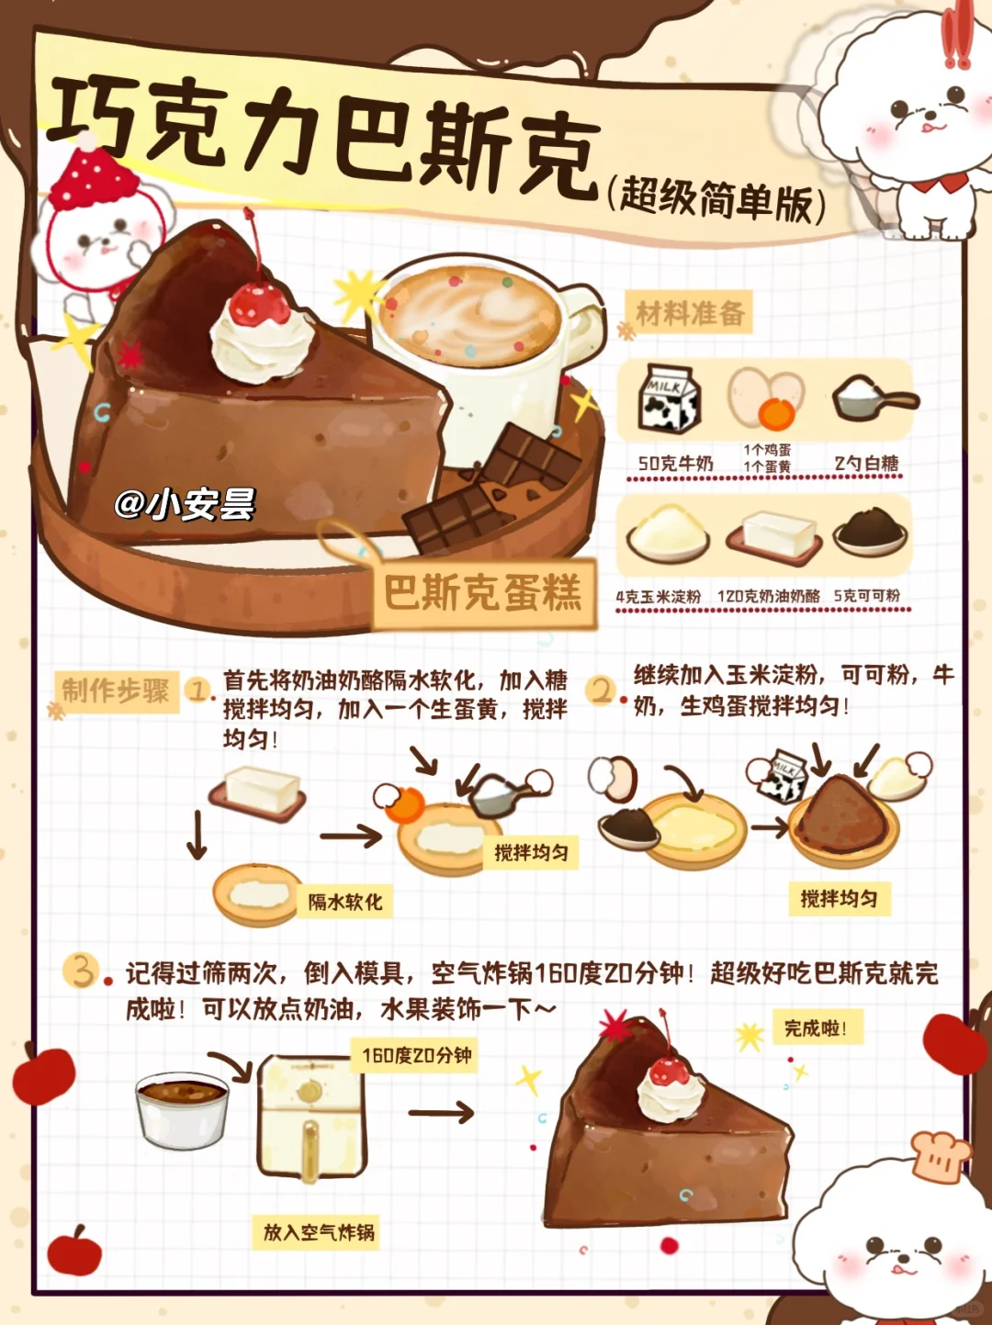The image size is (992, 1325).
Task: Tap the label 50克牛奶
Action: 676,463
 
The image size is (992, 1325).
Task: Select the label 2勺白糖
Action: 866,463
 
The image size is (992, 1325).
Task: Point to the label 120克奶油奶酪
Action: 769,597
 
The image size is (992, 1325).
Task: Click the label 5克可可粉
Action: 866,596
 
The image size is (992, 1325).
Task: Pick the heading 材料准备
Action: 689,312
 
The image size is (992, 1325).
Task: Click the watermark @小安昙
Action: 185,503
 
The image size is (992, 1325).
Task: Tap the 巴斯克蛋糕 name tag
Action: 484,593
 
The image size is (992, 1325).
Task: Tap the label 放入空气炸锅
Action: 318,1231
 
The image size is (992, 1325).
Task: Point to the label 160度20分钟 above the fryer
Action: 416,1055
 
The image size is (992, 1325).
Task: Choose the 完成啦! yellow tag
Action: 817,1027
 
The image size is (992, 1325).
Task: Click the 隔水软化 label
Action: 344,902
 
